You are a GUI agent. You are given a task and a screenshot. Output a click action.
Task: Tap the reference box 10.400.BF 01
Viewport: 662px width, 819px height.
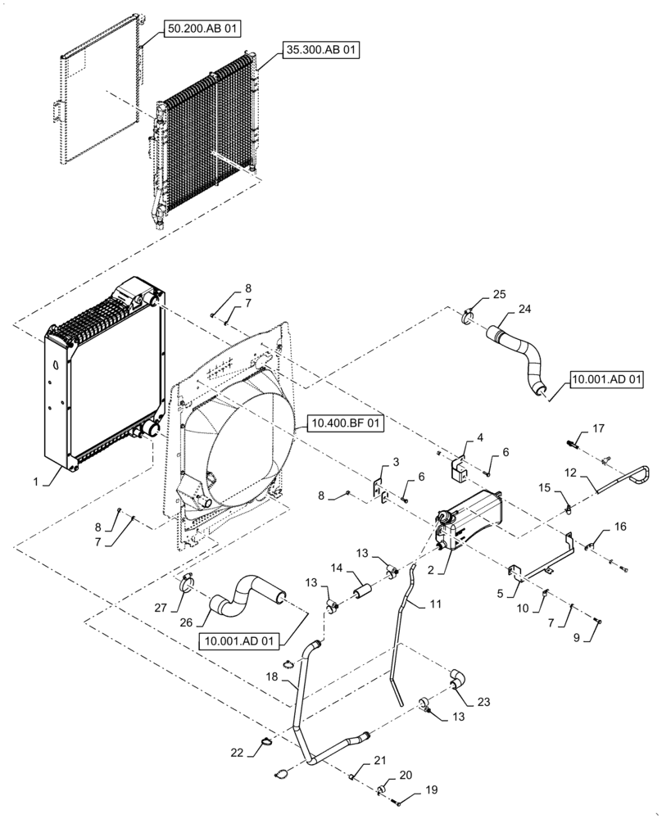tap(344, 423)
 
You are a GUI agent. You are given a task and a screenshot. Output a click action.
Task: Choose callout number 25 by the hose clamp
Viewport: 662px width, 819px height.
tap(499, 293)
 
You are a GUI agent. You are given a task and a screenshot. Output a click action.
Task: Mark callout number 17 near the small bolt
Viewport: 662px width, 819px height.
tap(599, 428)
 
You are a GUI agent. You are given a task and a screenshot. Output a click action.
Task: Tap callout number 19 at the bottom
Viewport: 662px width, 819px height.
tap(432, 792)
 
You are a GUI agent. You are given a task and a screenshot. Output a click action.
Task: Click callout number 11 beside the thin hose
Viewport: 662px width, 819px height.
tap(435, 604)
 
